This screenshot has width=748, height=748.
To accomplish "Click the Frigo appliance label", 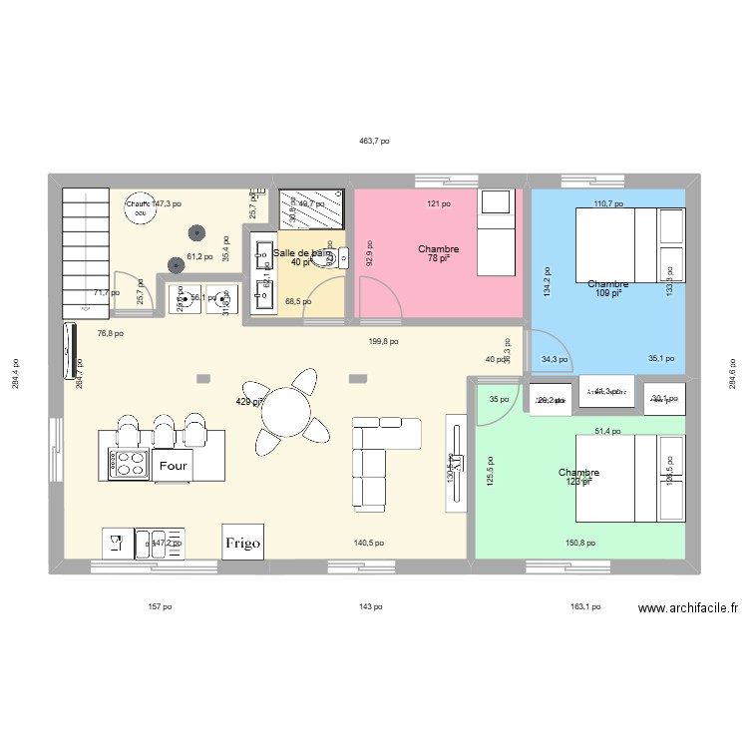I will coord(242,544).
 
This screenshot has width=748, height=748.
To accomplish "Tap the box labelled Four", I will coord(174,465).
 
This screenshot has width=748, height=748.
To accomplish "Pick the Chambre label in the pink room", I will coord(438,249).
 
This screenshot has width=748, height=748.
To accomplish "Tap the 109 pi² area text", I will coord(607,293).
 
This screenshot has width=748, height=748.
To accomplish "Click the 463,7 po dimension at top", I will coord(374,142).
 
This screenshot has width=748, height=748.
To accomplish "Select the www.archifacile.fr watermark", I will coord(688,607).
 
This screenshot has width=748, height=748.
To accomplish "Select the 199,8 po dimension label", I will coord(383,341).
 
